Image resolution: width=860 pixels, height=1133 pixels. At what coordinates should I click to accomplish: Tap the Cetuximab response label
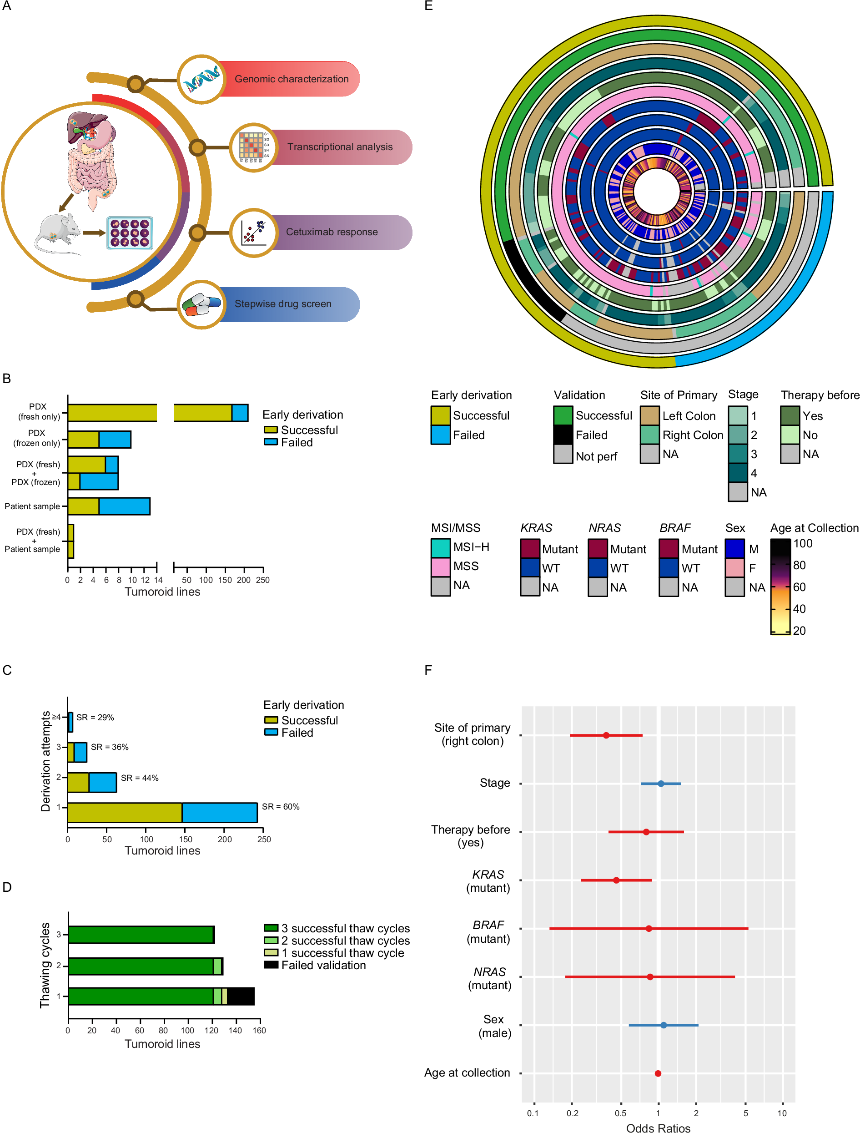point(331,232)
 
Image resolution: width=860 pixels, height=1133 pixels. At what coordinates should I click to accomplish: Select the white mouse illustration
point(57,233)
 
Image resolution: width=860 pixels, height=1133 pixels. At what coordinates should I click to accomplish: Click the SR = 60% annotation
point(281,807)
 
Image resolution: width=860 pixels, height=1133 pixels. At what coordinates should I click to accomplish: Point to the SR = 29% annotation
point(95,718)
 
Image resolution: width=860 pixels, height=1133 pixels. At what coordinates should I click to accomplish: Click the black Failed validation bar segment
point(241,996)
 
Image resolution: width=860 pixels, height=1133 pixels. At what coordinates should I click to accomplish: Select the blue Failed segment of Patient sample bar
point(125,506)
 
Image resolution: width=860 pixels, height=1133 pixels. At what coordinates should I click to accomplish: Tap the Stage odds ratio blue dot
point(661,784)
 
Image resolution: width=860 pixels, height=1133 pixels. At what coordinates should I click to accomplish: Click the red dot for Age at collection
point(658,1073)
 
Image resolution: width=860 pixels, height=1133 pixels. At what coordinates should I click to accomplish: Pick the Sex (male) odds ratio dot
point(664,1025)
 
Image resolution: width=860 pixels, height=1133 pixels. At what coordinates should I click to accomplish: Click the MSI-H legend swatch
point(440,547)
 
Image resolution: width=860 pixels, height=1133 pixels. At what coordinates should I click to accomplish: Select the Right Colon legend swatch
point(649,435)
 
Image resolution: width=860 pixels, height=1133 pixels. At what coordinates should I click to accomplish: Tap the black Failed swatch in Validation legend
point(563,435)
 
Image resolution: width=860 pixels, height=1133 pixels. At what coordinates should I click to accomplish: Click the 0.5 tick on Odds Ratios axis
point(620,1113)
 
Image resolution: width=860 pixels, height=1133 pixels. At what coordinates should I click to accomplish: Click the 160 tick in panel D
point(259,1031)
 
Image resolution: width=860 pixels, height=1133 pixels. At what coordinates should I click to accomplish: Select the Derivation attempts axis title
point(45,761)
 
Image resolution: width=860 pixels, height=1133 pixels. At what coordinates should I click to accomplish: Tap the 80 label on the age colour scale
point(799,566)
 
